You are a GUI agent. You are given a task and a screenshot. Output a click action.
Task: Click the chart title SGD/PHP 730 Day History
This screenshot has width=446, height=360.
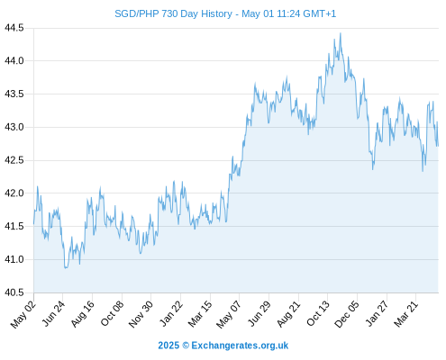pyautogui.click(x=173, y=13)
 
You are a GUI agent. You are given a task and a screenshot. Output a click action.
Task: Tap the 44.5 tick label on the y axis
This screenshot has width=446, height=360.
pyautogui.click(x=14, y=28)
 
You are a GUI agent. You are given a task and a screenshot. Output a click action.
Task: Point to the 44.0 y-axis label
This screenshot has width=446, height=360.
pyautogui.click(x=14, y=61)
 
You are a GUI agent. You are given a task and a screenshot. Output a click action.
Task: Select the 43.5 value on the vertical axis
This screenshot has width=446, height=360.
pyautogui.click(x=14, y=94)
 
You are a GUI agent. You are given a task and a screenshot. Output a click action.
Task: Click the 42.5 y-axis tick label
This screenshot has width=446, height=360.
pyautogui.click(x=14, y=160)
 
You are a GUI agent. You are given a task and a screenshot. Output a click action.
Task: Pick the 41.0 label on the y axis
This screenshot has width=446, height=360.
pyautogui.click(x=14, y=259)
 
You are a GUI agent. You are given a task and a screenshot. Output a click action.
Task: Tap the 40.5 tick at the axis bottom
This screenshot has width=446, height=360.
pyautogui.click(x=14, y=292)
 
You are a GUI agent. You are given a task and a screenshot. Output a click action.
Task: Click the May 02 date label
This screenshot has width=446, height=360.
pyautogui.click(x=23, y=314)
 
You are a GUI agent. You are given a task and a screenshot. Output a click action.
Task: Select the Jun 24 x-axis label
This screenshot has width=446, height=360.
pyautogui.click(x=52, y=314)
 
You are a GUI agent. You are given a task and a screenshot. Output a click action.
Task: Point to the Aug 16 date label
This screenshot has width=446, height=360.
pyautogui.click(x=82, y=314)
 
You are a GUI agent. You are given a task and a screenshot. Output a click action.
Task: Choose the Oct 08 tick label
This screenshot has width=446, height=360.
pyautogui.click(x=112, y=314)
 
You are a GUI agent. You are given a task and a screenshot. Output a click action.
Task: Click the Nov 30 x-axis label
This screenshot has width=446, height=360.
pyautogui.click(x=141, y=314)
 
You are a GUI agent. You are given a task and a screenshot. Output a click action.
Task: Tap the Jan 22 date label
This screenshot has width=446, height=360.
pyautogui.click(x=170, y=314)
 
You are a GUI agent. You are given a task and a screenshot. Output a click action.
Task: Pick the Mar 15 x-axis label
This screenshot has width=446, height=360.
pyautogui.click(x=200, y=314)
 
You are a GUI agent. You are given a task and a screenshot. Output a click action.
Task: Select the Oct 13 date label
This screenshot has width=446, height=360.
pyautogui.click(x=318, y=314)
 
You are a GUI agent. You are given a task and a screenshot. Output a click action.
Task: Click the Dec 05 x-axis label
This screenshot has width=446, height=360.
pyautogui.click(x=347, y=314)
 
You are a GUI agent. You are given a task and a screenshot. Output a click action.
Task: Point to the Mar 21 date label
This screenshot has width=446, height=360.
pyautogui.click(x=405, y=314)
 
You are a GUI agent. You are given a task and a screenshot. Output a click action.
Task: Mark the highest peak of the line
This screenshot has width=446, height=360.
pyautogui.click(x=341, y=33)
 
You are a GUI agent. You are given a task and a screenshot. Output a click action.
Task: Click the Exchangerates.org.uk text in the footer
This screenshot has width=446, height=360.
pyautogui.click(x=240, y=346)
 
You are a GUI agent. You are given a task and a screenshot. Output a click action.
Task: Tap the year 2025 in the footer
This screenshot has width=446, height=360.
pyautogui.click(x=168, y=346)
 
